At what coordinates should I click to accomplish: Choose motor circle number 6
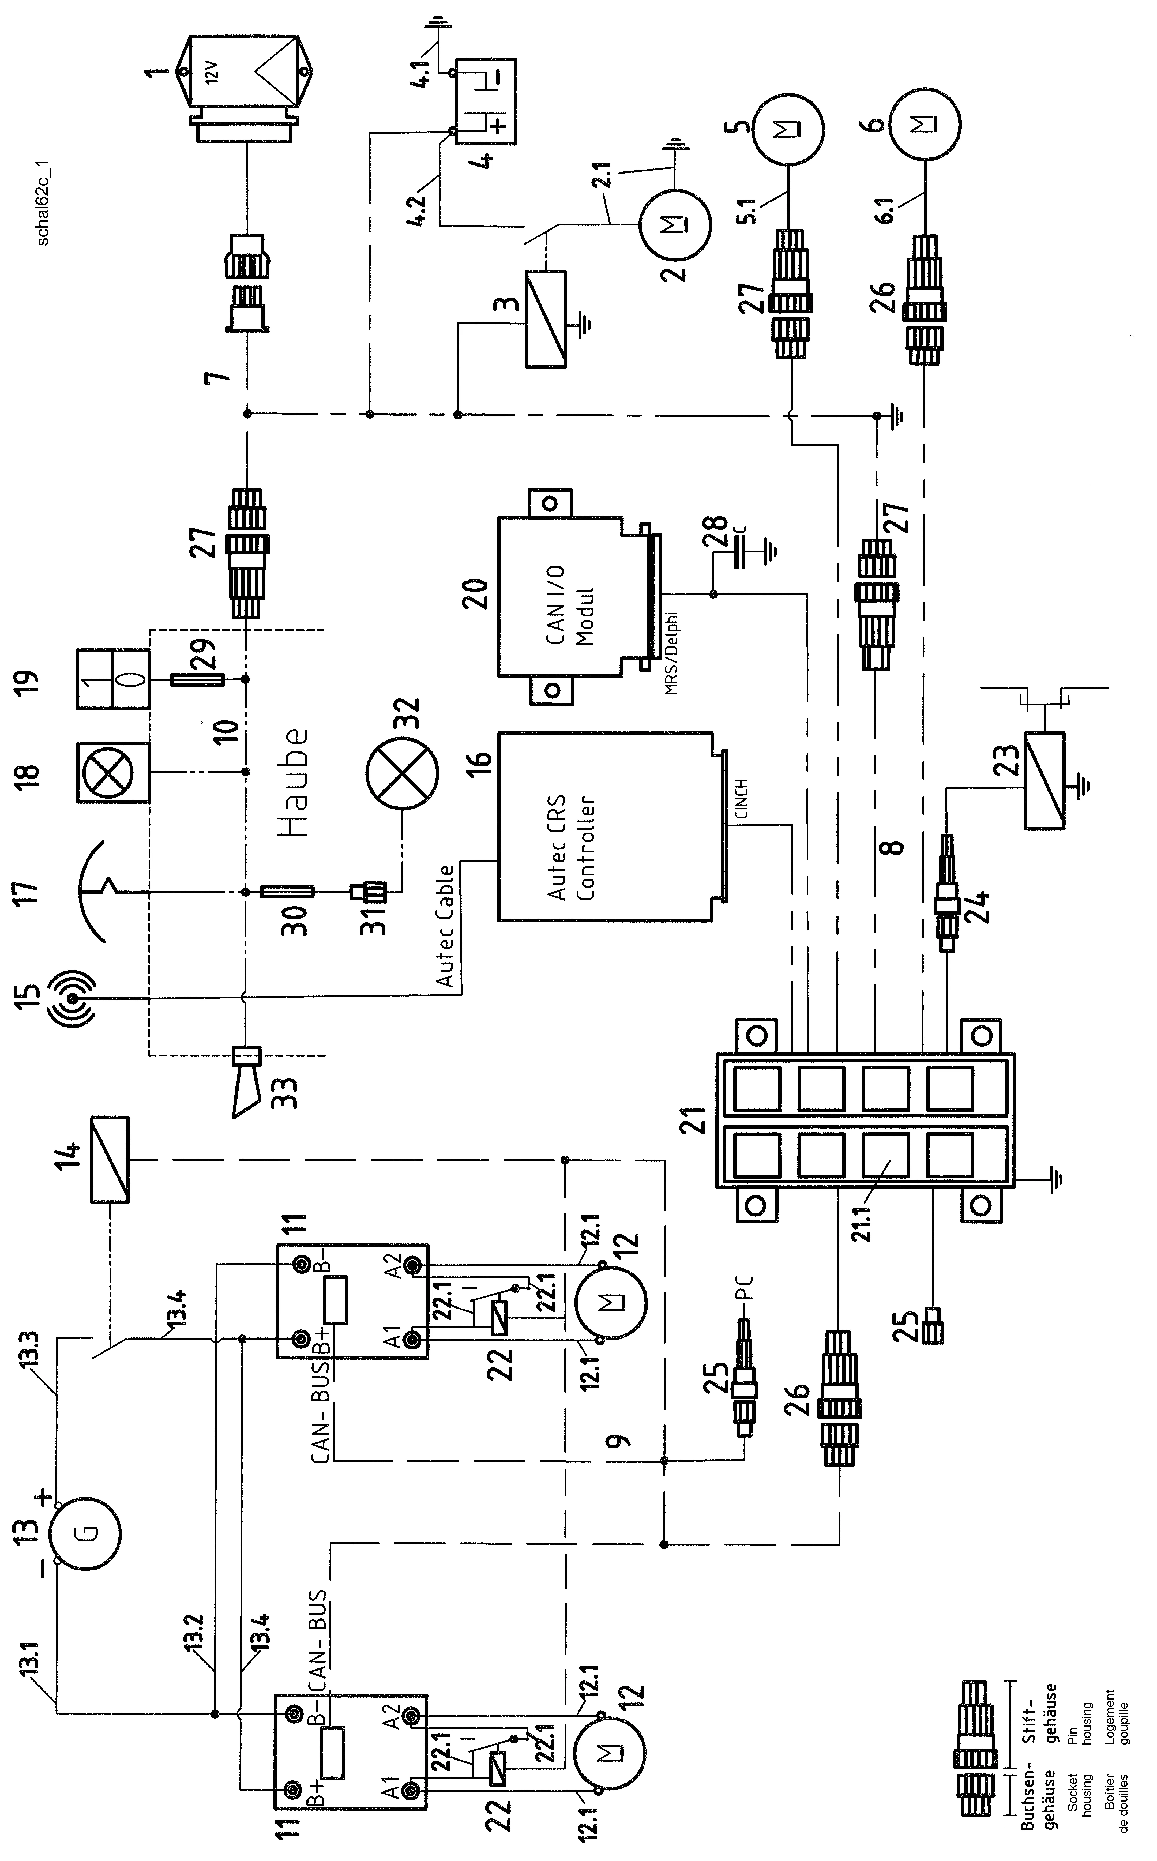click(x=926, y=124)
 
